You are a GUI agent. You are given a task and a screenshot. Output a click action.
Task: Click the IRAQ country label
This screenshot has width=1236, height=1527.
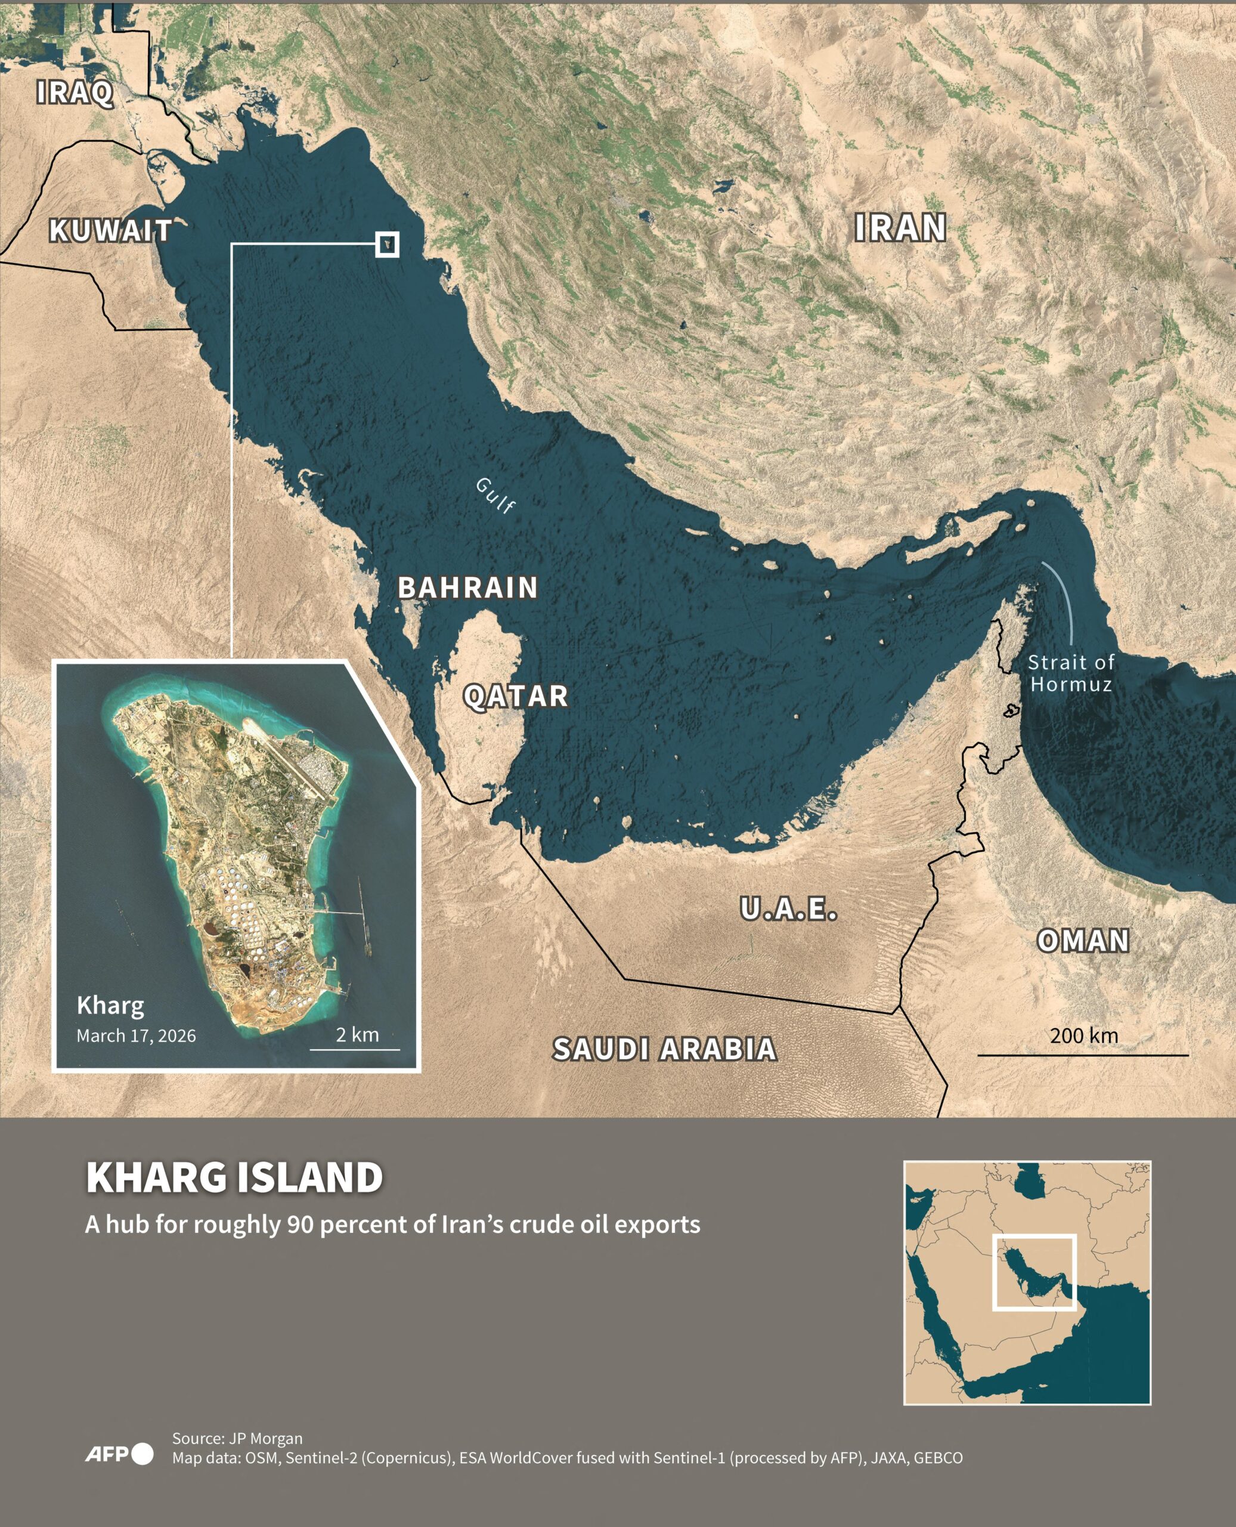click(75, 92)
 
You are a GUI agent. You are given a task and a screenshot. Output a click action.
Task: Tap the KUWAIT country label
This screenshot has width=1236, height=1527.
click(110, 230)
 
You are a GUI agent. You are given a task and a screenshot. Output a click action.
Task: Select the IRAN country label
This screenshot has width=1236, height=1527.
click(900, 228)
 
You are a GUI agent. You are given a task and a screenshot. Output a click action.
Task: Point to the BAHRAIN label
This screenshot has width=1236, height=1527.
click(467, 588)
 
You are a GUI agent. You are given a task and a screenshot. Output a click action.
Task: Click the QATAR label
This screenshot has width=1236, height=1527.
click(516, 696)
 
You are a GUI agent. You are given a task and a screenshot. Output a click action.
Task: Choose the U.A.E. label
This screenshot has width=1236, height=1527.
click(788, 909)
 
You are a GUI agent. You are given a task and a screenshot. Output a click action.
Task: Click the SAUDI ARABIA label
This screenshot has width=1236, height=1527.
click(664, 1049)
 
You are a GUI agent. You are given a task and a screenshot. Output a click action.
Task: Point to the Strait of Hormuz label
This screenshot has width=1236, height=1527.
click(1070, 673)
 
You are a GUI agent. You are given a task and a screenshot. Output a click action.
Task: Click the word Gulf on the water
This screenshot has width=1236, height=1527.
click(495, 495)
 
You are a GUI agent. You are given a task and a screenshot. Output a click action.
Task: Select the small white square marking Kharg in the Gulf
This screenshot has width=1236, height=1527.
click(386, 245)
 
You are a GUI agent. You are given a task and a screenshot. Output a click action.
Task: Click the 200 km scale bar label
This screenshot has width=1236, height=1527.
click(1083, 1035)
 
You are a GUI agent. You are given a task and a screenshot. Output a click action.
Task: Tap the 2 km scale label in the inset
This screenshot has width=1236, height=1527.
click(357, 1034)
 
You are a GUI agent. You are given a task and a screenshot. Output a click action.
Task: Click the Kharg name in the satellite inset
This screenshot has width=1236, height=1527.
click(110, 1005)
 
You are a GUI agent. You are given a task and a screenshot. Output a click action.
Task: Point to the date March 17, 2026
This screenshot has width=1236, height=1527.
click(136, 1035)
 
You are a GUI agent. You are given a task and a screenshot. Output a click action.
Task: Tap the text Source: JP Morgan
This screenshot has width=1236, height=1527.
click(237, 1438)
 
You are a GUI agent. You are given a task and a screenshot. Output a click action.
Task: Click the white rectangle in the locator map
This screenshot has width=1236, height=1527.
click(1034, 1272)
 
